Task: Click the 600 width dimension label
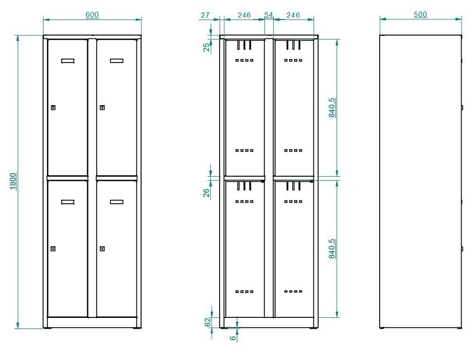click(x=92, y=15)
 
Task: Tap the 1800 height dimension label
click(x=13, y=181)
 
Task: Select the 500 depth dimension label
click(x=420, y=15)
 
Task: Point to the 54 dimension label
click(x=268, y=15)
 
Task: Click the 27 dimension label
click(x=205, y=15)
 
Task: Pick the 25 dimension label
click(x=206, y=47)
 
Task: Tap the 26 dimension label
click(x=206, y=193)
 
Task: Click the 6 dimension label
click(x=233, y=338)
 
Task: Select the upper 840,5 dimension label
click(x=332, y=108)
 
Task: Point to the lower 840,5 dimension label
click(x=332, y=249)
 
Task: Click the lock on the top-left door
click(x=53, y=108)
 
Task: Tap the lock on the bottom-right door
click(x=102, y=249)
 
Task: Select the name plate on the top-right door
click(x=116, y=61)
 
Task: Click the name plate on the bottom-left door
click(x=68, y=202)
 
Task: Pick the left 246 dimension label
click(x=244, y=15)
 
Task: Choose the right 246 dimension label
click(x=293, y=15)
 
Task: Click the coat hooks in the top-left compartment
click(x=244, y=45)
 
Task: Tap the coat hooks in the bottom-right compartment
click(x=293, y=186)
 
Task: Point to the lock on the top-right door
click(x=102, y=108)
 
